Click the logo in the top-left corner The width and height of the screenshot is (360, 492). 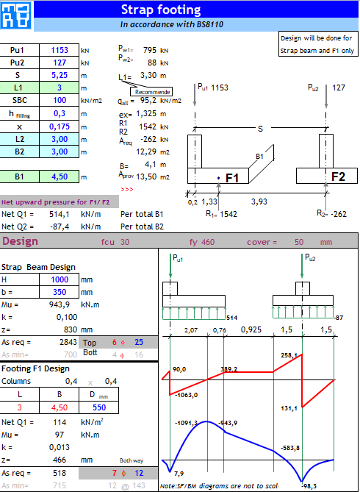point(16,16)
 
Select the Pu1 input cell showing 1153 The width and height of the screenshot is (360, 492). point(60,51)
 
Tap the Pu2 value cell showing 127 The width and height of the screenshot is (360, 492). point(60,63)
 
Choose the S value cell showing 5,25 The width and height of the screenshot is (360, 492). point(60,76)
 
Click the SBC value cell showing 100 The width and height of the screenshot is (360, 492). point(60,101)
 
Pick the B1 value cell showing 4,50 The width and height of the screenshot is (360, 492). point(60,177)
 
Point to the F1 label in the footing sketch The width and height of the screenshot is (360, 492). point(233,178)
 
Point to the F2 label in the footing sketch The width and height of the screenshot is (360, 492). point(337,177)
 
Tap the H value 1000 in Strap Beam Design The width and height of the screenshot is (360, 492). point(60,279)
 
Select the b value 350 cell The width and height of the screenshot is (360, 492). point(60,292)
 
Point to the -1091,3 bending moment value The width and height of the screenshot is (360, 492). point(187,423)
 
